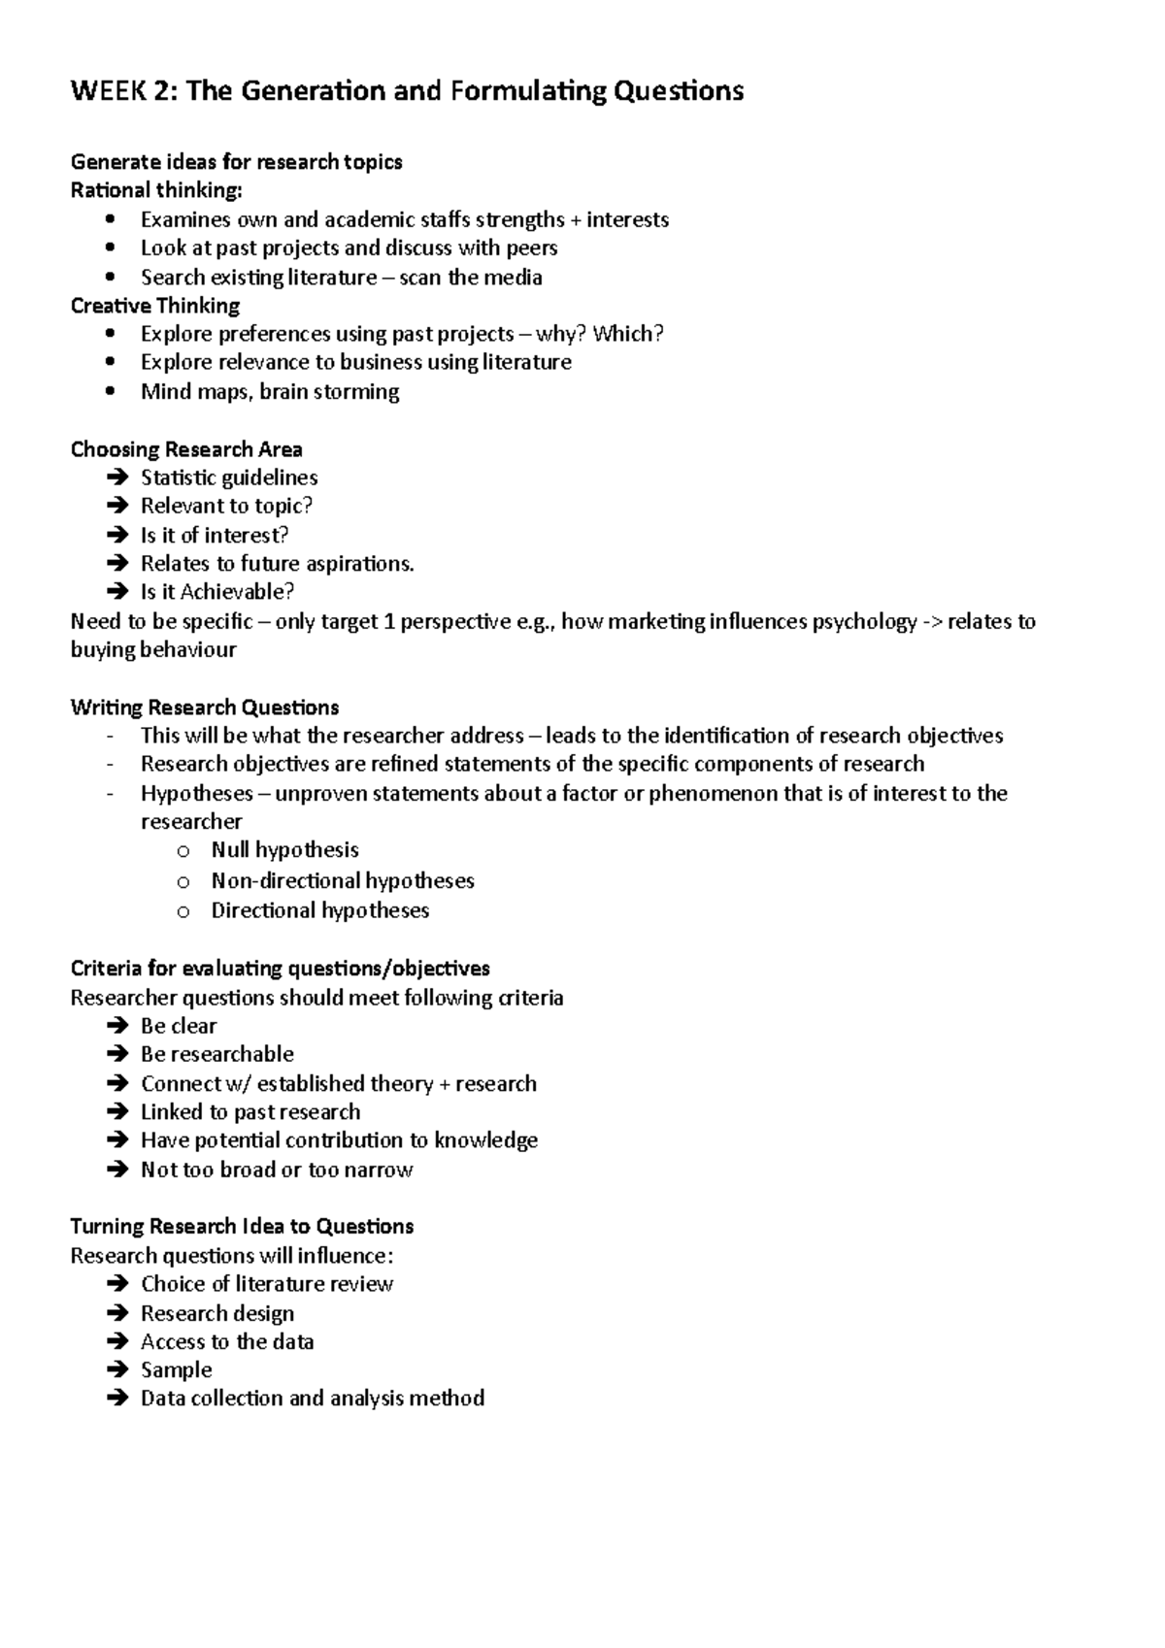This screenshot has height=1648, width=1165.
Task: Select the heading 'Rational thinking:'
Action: click(156, 190)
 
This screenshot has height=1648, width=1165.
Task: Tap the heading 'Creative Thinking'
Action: click(155, 306)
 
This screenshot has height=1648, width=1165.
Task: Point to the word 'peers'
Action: click(532, 247)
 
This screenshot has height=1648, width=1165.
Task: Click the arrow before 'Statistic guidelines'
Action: click(116, 478)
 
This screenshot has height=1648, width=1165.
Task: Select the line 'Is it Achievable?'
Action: click(216, 592)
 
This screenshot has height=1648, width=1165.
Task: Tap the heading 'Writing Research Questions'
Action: click(204, 708)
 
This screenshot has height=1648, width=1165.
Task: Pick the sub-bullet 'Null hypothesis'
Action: click(284, 850)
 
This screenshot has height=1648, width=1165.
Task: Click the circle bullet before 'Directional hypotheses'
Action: click(183, 911)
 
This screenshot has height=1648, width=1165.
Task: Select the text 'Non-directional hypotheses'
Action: click(342, 881)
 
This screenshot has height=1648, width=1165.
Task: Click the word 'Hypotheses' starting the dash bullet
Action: click(196, 794)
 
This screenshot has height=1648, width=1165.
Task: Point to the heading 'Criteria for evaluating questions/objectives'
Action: click(280, 969)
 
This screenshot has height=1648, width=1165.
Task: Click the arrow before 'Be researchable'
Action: click(116, 1054)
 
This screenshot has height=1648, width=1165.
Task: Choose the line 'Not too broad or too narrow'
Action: click(277, 1170)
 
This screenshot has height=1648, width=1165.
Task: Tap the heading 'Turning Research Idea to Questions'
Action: click(242, 1227)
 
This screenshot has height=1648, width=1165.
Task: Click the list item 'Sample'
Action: click(176, 1370)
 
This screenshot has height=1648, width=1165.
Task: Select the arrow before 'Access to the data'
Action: click(116, 1342)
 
